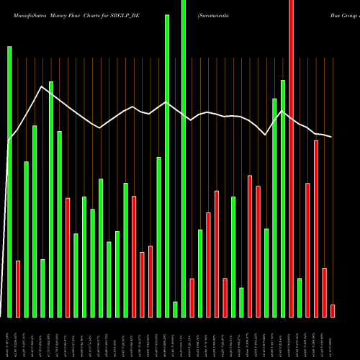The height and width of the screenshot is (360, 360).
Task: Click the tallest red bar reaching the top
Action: [x=291, y=158]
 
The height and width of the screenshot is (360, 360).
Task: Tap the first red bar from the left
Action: [x=18, y=288]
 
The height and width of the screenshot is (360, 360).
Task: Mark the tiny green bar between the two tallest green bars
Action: [x=175, y=309]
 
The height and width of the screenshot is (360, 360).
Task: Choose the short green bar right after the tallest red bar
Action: [x=300, y=297]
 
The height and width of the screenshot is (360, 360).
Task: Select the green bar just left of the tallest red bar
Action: [x=283, y=198]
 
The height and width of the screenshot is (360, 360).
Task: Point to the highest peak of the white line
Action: [x=42, y=86]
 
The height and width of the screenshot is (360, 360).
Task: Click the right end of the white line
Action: [x=332, y=137]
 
